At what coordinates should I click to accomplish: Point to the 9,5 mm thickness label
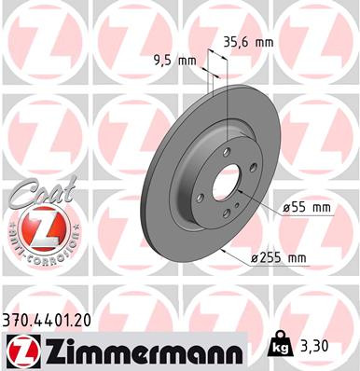(173, 62)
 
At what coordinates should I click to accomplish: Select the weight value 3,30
(315, 344)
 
